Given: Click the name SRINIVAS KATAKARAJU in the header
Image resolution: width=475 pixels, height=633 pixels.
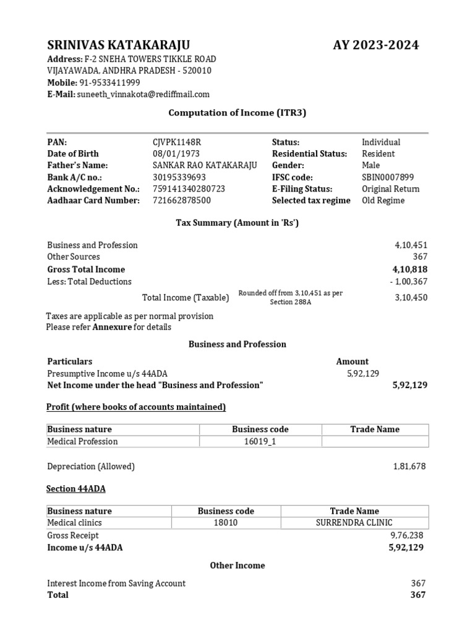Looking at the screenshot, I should [119, 45].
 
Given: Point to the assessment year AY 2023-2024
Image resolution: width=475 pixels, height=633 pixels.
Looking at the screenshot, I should [375, 45].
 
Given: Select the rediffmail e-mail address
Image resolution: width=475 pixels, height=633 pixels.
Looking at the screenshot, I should [143, 94].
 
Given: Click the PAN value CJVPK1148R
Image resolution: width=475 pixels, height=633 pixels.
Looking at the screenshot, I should [177, 142].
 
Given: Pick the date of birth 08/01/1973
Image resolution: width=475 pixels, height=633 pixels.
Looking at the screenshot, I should [174, 153].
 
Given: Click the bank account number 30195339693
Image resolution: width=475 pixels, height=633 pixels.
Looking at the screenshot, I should [179, 177].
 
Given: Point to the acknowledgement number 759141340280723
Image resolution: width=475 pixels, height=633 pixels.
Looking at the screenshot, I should [189, 189].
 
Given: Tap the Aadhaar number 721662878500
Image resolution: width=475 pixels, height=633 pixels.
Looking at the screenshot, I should [181, 200].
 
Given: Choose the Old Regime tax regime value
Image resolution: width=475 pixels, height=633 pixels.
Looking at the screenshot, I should [383, 200].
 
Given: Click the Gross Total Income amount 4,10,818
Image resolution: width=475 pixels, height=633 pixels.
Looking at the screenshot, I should [409, 270].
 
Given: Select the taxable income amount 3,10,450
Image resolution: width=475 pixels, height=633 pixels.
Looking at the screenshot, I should [411, 297].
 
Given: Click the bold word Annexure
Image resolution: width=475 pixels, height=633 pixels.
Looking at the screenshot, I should [112, 327].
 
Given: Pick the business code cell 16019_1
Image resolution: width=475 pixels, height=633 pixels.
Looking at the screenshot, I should [260, 441].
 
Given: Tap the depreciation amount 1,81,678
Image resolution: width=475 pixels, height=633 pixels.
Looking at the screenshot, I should [409, 466].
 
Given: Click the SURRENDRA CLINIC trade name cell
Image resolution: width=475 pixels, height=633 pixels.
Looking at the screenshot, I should [354, 523].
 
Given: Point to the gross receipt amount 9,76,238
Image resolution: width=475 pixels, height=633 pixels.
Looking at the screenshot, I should [408, 535].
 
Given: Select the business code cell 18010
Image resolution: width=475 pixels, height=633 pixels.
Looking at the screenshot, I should [226, 523].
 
